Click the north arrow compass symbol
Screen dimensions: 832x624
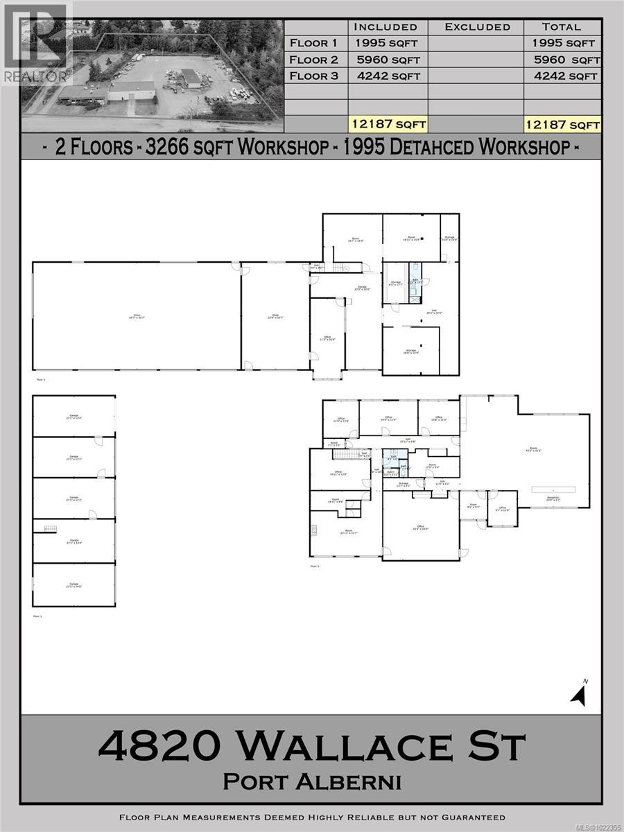click(580, 692)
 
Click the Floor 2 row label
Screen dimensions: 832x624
click(313, 59)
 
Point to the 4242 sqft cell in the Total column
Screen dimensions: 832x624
click(562, 76)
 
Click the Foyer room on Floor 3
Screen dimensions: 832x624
click(474, 508)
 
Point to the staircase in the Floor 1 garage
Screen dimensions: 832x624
click(50, 530)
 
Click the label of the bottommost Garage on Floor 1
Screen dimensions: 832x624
click(73, 586)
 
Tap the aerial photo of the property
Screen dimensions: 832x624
click(153, 76)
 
